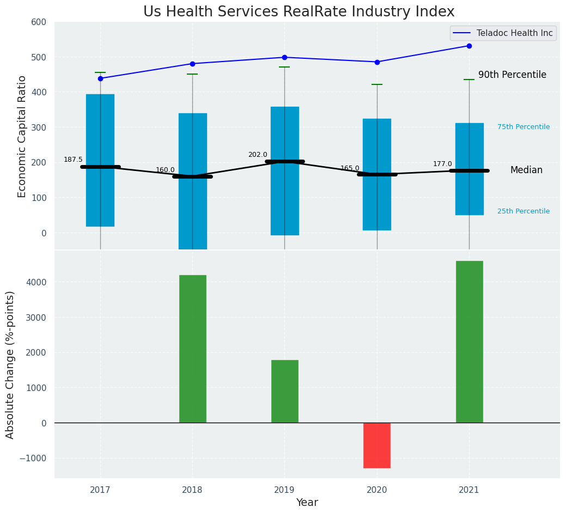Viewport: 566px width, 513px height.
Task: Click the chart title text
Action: pyautogui.click(x=299, y=12)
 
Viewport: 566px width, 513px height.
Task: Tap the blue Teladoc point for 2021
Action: pyautogui.click(x=469, y=46)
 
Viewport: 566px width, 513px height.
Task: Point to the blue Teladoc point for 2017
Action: pyautogui.click(x=100, y=78)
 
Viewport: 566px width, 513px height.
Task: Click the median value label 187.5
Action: pyautogui.click(x=73, y=160)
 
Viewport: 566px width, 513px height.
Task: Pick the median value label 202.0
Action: pyautogui.click(x=258, y=155)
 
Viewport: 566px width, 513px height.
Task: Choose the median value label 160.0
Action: pyautogui.click(x=165, y=170)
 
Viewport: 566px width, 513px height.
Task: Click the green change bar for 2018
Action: pyautogui.click(x=192, y=349)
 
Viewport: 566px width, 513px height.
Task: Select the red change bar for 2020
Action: pyautogui.click(x=377, y=445)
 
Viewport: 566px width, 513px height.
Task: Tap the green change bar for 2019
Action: pyautogui.click(x=284, y=391)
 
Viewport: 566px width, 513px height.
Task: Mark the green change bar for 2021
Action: pyautogui.click(x=469, y=341)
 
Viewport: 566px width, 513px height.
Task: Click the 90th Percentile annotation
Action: pyautogui.click(x=512, y=75)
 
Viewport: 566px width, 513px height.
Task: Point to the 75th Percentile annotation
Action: pyautogui.click(x=524, y=127)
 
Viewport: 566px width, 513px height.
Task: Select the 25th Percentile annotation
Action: pyautogui.click(x=524, y=211)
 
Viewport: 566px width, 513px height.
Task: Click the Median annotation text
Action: pyautogui.click(x=526, y=170)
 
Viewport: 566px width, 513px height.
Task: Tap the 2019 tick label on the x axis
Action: pyautogui.click(x=284, y=490)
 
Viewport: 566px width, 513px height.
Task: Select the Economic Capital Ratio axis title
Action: pyautogui.click(x=22, y=136)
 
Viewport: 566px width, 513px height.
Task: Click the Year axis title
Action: pyautogui.click(x=307, y=503)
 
